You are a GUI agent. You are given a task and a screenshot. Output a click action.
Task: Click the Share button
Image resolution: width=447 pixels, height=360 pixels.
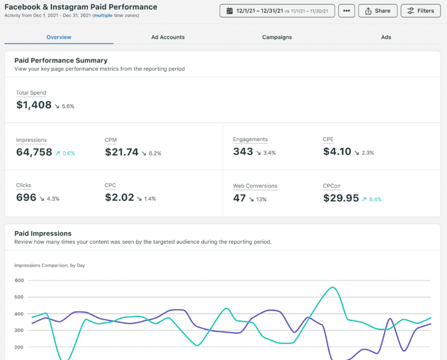(377, 11)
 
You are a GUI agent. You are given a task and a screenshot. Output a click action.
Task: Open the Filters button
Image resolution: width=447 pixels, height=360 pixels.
(420, 11)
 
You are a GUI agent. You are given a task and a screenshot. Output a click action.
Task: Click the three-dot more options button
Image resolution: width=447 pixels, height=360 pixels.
(347, 11)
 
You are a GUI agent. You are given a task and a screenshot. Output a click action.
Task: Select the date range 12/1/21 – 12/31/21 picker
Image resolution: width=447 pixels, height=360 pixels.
(277, 11)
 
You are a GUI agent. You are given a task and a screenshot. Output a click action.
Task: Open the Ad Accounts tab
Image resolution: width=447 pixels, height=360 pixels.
(168, 37)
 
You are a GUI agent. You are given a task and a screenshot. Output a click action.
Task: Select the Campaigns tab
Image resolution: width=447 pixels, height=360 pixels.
(277, 37)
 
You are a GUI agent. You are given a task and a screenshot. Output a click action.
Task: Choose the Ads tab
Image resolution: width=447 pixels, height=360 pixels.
(386, 37)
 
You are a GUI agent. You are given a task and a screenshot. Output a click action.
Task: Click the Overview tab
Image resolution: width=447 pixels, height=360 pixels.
(59, 37)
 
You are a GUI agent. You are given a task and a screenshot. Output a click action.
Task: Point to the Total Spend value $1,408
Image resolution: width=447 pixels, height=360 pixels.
(34, 105)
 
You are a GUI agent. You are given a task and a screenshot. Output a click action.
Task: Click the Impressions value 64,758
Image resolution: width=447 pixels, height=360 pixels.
(34, 152)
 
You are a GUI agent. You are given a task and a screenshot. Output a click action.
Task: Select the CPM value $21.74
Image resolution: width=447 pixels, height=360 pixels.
(122, 152)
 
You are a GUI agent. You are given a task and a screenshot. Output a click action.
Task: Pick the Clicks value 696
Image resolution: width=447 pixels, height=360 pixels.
(27, 198)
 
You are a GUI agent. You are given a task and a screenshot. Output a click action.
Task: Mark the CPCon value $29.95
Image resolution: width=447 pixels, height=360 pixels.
(341, 198)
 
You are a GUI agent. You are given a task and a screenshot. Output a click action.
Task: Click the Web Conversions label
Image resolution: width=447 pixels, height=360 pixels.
(255, 186)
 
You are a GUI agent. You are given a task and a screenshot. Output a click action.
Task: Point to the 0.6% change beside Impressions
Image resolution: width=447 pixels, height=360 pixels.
(68, 153)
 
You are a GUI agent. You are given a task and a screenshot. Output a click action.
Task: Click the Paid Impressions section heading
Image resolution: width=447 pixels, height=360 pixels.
(43, 234)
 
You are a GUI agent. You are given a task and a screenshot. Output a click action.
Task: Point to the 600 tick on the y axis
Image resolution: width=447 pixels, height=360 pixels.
(19, 280)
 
